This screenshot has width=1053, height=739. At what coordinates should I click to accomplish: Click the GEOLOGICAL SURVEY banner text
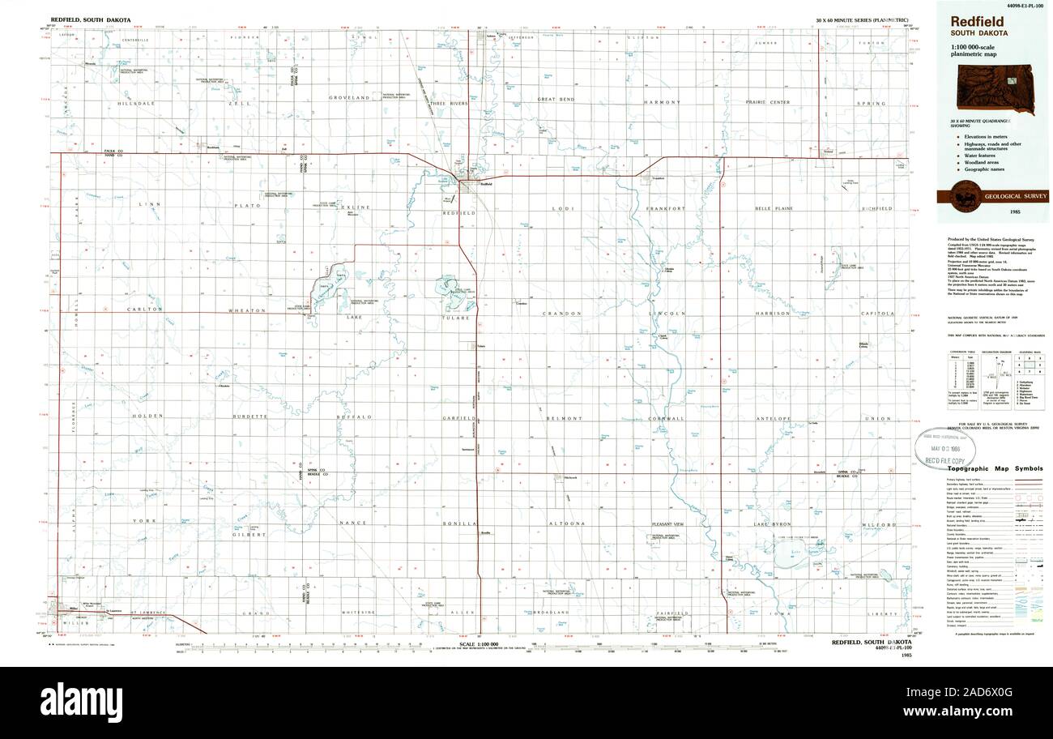[1016, 197]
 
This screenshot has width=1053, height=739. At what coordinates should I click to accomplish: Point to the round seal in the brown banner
[964, 197]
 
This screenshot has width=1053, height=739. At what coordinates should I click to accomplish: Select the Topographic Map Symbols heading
[995, 469]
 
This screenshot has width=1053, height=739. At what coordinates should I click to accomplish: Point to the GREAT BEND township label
[556, 99]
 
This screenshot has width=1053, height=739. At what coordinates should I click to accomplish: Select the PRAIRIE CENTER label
[768, 102]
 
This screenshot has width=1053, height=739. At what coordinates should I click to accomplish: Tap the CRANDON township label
[562, 313]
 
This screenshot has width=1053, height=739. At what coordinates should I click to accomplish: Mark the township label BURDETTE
[249, 416]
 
